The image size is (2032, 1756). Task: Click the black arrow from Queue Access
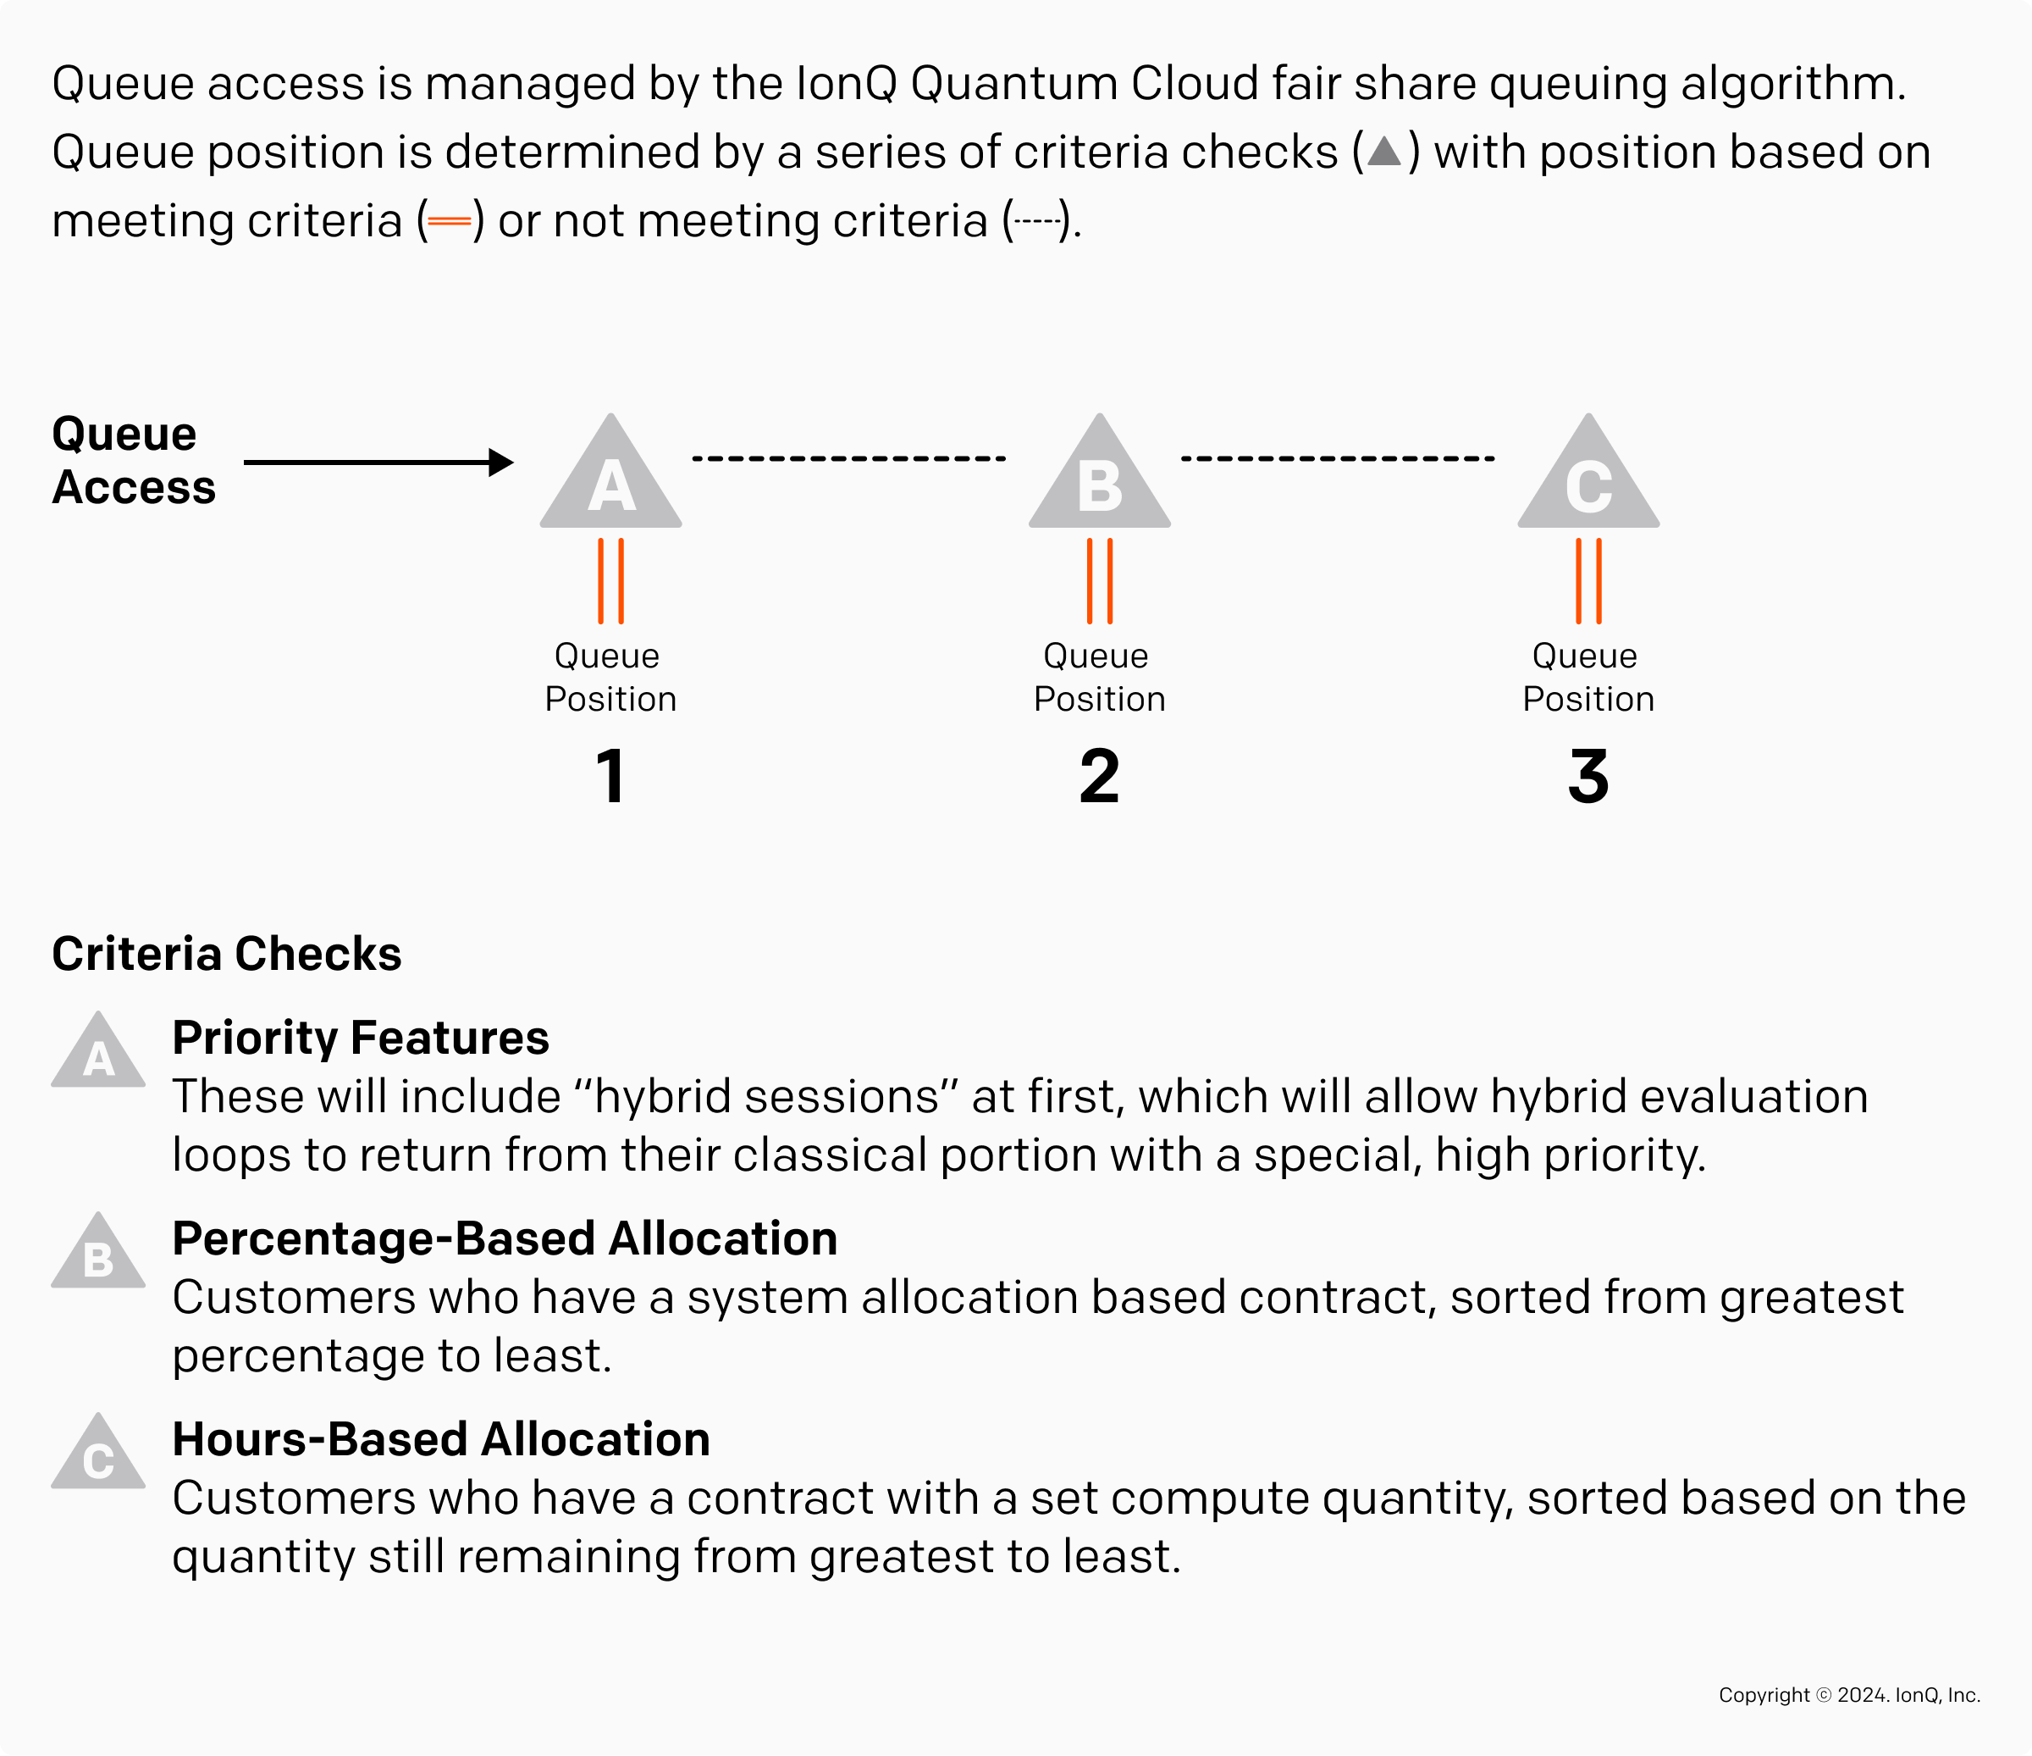378,462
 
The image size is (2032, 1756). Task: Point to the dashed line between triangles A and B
849,458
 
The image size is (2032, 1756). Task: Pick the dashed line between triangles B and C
1338,458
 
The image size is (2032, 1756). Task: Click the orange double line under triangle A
610,581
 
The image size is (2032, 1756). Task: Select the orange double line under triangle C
1587,581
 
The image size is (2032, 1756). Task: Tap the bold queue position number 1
610,776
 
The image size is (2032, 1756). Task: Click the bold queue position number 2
1099,776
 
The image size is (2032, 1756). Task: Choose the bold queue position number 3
1587,776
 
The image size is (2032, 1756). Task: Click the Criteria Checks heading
227,954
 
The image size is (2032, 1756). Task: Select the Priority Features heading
360,1037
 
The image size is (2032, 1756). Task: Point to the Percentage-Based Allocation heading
504,1238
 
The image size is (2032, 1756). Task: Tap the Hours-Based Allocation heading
440,1439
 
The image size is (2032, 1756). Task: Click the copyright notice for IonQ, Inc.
1848,1695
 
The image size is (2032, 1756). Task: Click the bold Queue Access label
134,460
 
